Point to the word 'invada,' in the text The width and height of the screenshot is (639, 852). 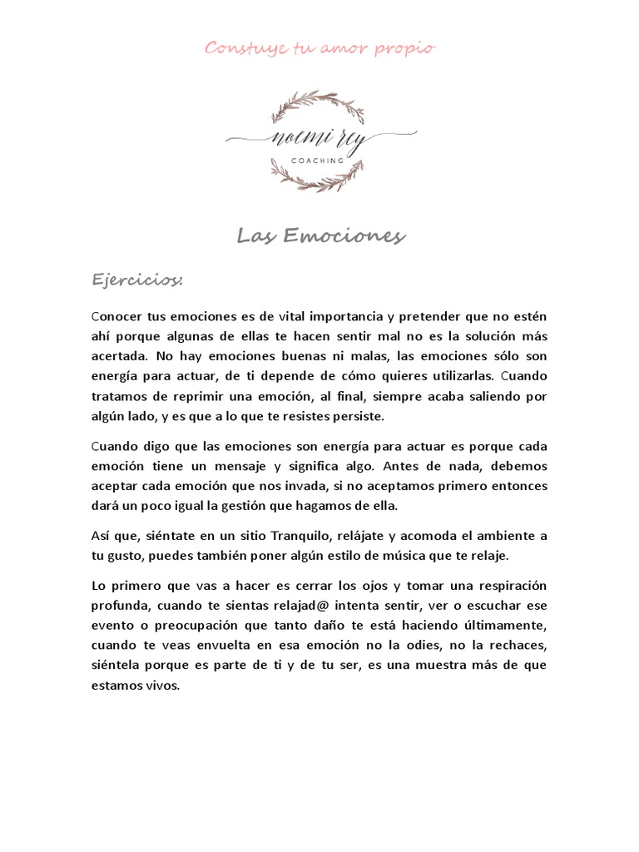click(337, 485)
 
